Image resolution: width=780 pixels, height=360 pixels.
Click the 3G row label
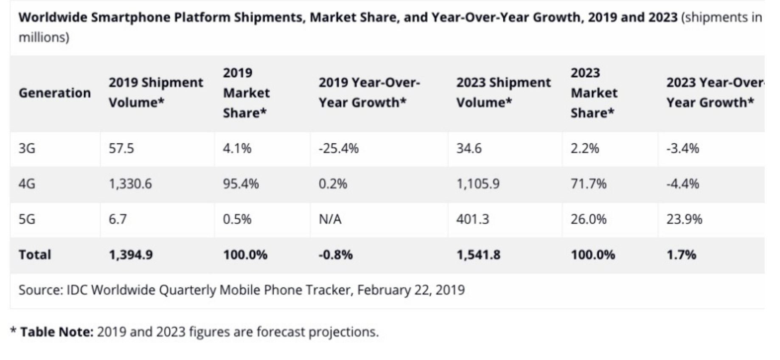[x=27, y=149]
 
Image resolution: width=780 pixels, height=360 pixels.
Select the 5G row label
[x=27, y=219]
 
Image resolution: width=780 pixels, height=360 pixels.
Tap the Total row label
[x=35, y=255]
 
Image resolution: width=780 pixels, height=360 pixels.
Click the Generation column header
[x=55, y=93]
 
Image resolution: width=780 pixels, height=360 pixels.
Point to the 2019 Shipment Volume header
[x=156, y=93]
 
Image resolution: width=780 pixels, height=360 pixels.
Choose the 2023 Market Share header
[x=594, y=93]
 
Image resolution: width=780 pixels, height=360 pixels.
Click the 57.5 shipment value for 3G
[x=121, y=149]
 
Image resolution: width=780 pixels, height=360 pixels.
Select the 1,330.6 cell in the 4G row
[x=130, y=184]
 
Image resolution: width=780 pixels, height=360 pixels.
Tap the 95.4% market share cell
[x=241, y=184]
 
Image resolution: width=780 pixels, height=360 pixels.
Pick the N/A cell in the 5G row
[x=330, y=219]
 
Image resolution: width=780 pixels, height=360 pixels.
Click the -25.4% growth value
[x=338, y=149]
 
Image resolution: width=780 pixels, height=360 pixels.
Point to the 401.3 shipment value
[x=472, y=219]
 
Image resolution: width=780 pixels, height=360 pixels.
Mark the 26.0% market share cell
[x=588, y=219]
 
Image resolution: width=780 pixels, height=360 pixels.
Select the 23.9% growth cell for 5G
[x=684, y=219]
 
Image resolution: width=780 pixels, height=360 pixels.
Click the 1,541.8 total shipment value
[x=478, y=255]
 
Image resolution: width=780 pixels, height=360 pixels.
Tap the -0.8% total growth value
[x=335, y=255]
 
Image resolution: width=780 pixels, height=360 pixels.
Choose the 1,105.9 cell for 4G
[x=478, y=184]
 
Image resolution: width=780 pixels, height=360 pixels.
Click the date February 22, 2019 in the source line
[x=411, y=290]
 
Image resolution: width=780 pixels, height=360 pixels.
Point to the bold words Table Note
[x=56, y=332]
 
